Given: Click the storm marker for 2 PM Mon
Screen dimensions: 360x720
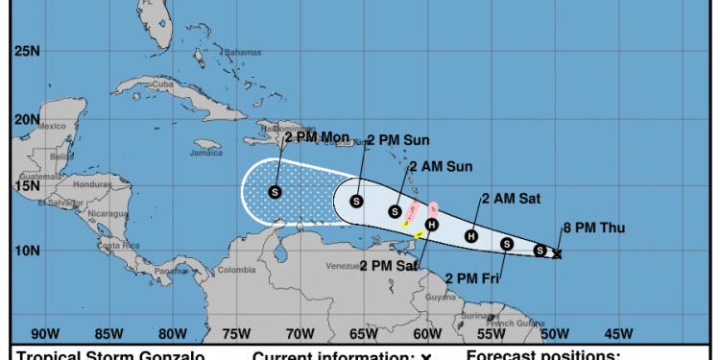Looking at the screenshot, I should click(x=275, y=192).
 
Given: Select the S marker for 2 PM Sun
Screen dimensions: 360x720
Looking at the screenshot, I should click(x=356, y=202).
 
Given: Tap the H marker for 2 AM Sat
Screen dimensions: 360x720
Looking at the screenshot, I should click(x=471, y=236).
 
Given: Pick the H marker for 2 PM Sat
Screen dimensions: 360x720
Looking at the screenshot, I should click(x=432, y=225).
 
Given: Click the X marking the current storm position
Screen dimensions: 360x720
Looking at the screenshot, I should click(x=558, y=254).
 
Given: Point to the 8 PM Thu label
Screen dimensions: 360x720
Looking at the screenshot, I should click(x=593, y=228).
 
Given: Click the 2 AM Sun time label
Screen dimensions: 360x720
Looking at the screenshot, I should click(x=440, y=166).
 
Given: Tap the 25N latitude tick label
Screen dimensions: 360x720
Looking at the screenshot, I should click(x=26, y=50).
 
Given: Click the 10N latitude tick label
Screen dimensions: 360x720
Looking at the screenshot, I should click(x=26, y=252).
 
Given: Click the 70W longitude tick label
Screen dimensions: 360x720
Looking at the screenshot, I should click(x=300, y=334).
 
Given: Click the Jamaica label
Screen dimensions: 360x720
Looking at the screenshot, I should click(x=206, y=153).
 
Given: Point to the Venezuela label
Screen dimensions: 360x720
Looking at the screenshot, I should click(x=343, y=265).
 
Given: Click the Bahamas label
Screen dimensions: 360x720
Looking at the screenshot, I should click(x=243, y=52).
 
